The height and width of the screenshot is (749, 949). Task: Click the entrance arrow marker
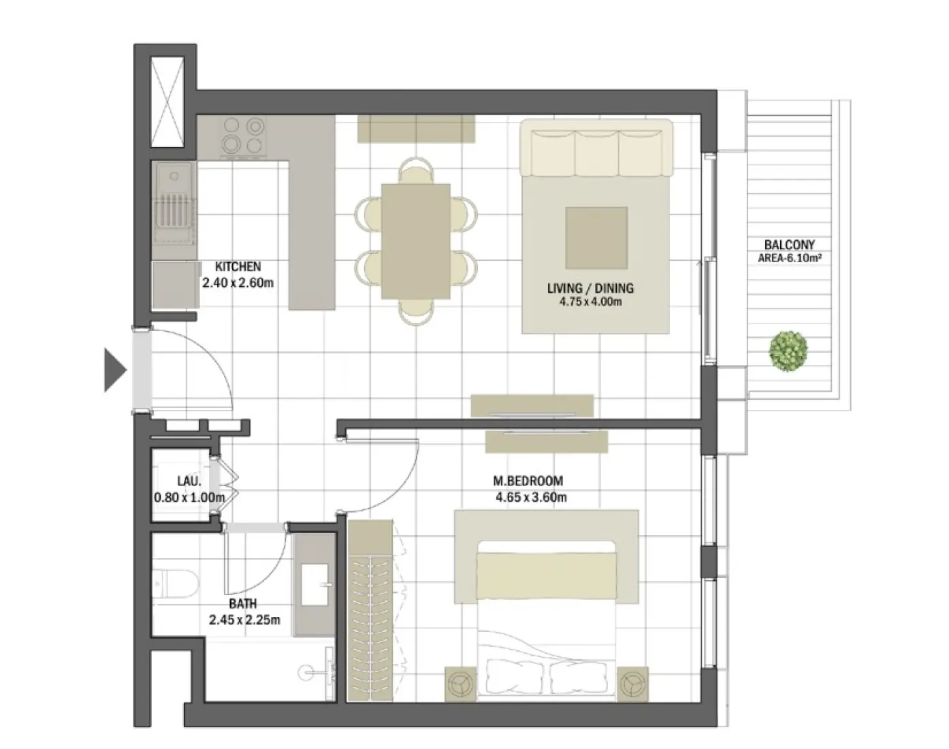pos(114,370)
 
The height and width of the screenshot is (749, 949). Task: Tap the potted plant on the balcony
pos(789,351)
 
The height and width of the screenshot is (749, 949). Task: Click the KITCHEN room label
pos(238,267)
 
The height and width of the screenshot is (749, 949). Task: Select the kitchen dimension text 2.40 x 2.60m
pos(238,282)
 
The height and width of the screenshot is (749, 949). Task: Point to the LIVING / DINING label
pos(590,288)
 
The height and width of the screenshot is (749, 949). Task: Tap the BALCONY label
pos(789,244)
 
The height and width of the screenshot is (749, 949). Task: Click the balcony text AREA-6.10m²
pos(789,258)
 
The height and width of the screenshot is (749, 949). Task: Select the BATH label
pos(243,604)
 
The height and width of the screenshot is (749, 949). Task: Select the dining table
pos(415,241)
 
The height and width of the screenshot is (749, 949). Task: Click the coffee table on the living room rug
pos(596,238)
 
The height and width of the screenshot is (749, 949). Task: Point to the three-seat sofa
pos(596,148)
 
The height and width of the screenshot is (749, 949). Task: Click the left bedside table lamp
pos(461,682)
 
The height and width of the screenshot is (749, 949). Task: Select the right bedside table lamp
pos(632,682)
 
